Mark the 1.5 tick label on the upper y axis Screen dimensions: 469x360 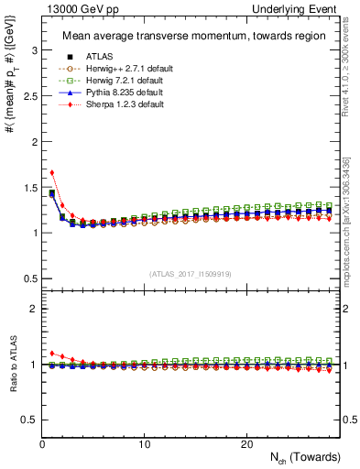pos(29,187)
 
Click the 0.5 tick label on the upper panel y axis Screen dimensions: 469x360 pos(29,278)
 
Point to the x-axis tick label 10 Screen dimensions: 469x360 pos(145,443)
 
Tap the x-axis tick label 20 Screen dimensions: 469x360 pos(246,443)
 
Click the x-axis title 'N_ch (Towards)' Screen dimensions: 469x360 pos(306,456)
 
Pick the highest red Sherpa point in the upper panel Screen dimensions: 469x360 pos(52,172)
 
